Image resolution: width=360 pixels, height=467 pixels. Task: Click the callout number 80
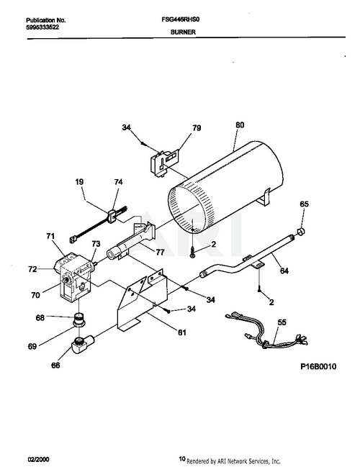[x=238, y=123]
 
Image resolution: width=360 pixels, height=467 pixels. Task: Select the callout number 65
[x=304, y=205]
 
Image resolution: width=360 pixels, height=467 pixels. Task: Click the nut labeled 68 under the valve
[x=81, y=317]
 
